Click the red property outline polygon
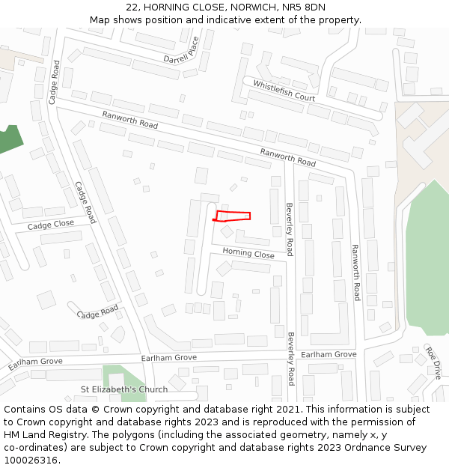pos(233,216)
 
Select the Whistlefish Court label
pos(284,91)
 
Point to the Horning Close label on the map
pos(248,254)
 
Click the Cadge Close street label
pos(51,225)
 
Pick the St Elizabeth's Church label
pos(124,389)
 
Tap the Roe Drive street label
pos(434,362)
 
